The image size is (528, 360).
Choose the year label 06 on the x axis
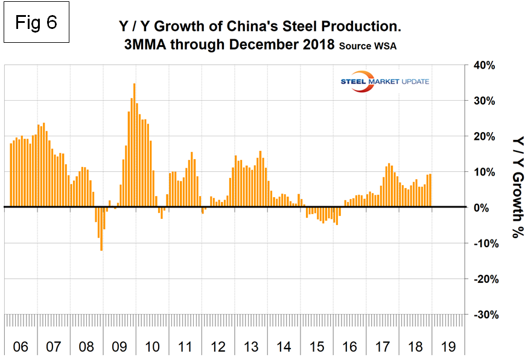pyautogui.click(x=20, y=347)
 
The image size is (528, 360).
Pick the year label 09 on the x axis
pyautogui.click(x=119, y=347)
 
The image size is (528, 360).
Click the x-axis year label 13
pyautogui.click(x=252, y=347)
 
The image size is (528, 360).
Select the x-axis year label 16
pyautogui.click(x=351, y=347)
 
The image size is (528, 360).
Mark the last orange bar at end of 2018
pyautogui.click(x=430, y=191)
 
